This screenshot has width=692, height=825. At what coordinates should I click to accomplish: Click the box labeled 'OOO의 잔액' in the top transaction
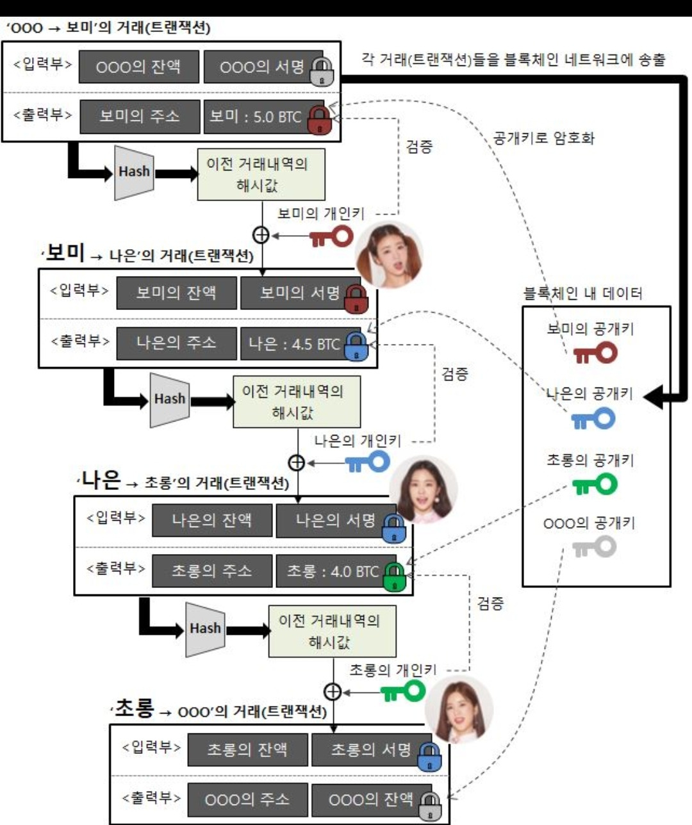coord(138,67)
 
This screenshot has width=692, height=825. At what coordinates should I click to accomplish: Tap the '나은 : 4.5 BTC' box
coord(295,344)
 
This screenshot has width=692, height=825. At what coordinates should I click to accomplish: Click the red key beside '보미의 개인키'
coord(331,237)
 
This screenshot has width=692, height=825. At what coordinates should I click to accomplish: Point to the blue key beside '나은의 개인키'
coord(368,462)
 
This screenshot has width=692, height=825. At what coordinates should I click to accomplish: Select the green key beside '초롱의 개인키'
coord(404,690)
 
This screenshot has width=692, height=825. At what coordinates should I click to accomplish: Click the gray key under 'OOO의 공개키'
coord(594,547)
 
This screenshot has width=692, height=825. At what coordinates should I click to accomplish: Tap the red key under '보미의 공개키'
coord(595,353)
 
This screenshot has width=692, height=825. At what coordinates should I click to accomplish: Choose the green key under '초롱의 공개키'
coord(595,485)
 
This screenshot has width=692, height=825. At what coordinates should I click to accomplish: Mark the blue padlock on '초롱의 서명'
coord(429,756)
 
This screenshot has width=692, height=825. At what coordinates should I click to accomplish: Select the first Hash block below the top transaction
coord(134,172)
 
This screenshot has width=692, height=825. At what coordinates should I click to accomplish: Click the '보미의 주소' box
coord(139,117)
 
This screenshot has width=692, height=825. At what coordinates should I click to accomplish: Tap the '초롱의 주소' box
coord(211,571)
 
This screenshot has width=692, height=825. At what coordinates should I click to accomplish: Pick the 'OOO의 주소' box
coord(247,799)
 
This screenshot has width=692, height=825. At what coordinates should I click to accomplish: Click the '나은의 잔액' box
coord(211,520)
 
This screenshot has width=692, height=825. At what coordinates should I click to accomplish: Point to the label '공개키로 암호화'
coord(544,138)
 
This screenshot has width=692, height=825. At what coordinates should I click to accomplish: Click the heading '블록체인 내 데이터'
coord(582,293)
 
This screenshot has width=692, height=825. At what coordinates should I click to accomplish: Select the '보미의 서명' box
coord(299,293)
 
